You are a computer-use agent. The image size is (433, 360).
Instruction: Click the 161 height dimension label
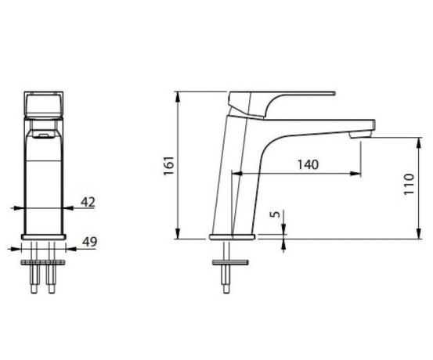coord(168,165)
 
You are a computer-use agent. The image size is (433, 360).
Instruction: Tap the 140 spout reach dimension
coord(308,164)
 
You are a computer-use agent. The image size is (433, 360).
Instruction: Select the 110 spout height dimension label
coord(409,184)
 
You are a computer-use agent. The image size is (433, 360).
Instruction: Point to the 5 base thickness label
coord(275,214)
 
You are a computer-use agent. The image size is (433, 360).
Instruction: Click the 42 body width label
coord(88,202)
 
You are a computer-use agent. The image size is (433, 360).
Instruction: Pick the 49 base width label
coord(90,242)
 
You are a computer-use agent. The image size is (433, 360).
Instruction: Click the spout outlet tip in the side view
coord(360,135)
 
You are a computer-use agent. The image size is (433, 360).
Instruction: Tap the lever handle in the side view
coord(282,104)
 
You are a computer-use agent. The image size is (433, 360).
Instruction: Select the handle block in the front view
coord(44,104)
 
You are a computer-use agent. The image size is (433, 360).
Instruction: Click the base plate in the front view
coord(44,237)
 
